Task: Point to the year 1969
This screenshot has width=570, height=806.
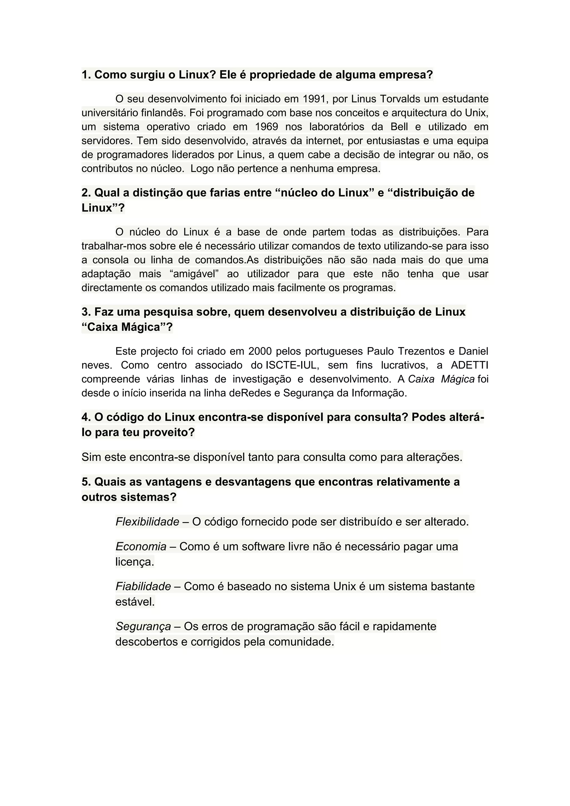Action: [266, 127]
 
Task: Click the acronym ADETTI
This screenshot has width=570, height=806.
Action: [469, 365]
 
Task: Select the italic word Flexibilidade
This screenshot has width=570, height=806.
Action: [148, 522]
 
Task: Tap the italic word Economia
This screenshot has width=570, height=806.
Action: [141, 547]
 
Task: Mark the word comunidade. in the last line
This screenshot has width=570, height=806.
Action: [301, 642]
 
